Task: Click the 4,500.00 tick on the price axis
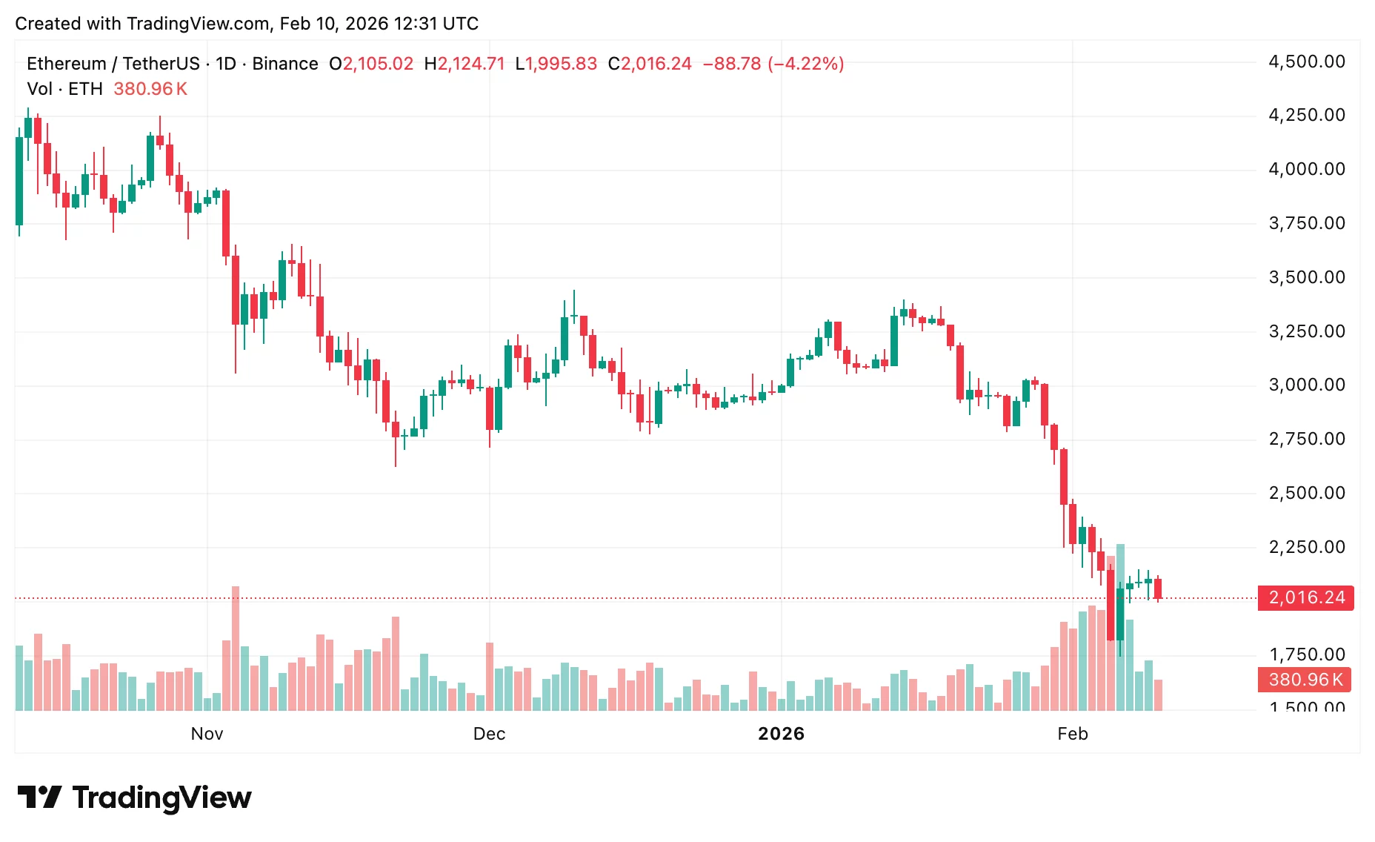[1307, 62]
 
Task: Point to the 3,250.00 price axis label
[1307, 331]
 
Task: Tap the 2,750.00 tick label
[1307, 439]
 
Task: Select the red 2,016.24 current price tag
[1306, 597]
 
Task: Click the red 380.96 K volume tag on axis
[1305, 680]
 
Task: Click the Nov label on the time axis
[207, 734]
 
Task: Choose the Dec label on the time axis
[489, 734]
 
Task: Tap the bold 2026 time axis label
[781, 734]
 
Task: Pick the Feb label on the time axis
[1072, 734]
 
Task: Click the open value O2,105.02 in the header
[371, 64]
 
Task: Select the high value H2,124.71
[464, 64]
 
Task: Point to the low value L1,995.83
[556, 64]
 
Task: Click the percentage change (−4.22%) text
[806, 64]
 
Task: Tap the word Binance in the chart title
[285, 64]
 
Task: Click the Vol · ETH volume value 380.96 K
[150, 89]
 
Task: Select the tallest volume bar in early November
[236, 649]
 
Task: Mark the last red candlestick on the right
[1158, 589]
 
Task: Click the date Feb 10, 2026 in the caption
[333, 24]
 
